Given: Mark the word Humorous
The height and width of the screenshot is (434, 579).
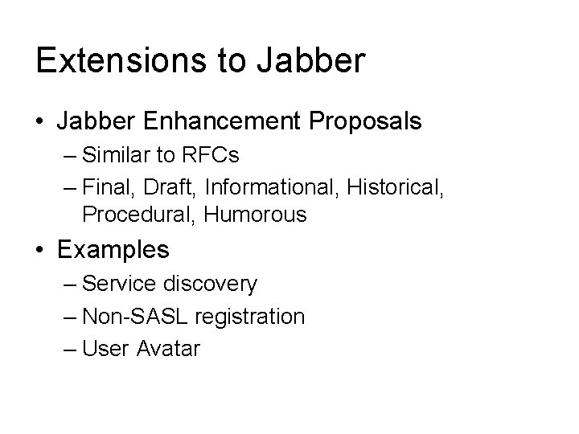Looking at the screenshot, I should coord(255,215).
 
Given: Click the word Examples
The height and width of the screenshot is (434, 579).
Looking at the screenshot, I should coord(113,250).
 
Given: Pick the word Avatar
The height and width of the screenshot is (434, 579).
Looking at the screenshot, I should coord(167,349).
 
